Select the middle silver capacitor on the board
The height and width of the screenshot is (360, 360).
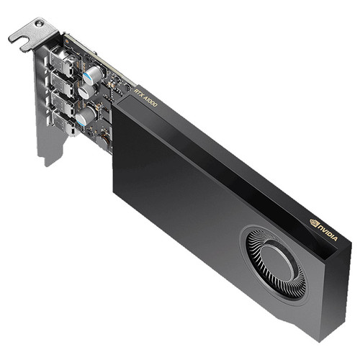86,91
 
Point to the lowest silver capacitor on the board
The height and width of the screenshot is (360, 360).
84,115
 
